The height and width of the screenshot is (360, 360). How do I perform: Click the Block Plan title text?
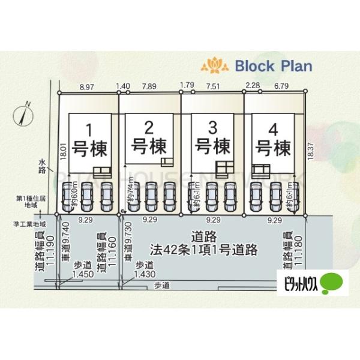pyautogui.click(x=274, y=65)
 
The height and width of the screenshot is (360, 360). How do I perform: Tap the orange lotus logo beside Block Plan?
pyautogui.click(x=214, y=64)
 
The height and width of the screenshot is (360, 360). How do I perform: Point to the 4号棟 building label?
pyautogui.click(x=273, y=138)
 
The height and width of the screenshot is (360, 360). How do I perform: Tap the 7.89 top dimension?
pyautogui.click(x=149, y=87)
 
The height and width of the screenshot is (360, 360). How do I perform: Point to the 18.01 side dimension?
pyautogui.click(x=62, y=149)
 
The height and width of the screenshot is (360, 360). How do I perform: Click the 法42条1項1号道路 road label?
pyautogui.click(x=204, y=247)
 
